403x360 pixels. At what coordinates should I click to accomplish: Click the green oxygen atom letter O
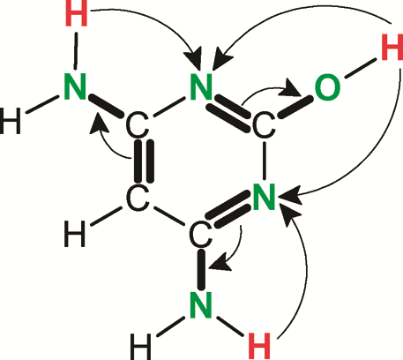click(x=327, y=86)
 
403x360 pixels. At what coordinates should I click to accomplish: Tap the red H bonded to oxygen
click(x=392, y=47)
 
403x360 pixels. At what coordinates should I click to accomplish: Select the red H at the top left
click(x=77, y=13)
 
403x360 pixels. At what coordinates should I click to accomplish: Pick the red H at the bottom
click(x=259, y=346)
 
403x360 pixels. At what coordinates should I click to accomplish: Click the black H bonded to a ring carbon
click(x=75, y=234)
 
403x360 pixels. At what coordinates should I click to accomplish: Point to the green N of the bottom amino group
click(x=201, y=304)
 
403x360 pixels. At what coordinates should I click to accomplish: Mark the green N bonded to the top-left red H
click(x=75, y=86)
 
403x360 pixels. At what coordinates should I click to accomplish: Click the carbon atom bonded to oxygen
click(x=264, y=124)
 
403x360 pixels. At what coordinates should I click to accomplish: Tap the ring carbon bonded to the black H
click(x=138, y=198)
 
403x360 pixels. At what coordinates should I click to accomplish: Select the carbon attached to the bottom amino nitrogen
click(x=201, y=235)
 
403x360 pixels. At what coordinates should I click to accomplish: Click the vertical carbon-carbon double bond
click(x=144, y=161)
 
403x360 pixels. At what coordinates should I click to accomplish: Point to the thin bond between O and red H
click(x=361, y=69)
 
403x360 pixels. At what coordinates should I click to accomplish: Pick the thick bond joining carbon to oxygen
click(x=295, y=107)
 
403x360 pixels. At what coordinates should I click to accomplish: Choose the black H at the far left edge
click(x=11, y=121)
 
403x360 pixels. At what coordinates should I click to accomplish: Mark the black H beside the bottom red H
click(x=140, y=347)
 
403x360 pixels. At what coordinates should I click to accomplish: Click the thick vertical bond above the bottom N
click(x=201, y=269)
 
